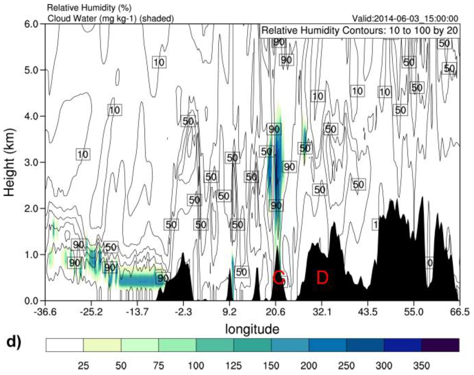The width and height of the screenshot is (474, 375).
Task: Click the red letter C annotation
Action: tap(279, 278)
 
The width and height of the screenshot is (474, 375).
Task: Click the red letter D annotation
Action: tap(322, 278)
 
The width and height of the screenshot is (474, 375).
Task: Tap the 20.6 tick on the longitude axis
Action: tap(276, 312)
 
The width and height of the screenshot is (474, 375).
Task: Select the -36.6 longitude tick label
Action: tap(45, 312)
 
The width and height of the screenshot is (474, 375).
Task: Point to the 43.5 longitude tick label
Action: tap(368, 312)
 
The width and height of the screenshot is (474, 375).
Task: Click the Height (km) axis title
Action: tap(10, 162)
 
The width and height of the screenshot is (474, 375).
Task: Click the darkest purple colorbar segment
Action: tap(440, 345)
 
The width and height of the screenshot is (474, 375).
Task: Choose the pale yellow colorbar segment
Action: tap(102, 345)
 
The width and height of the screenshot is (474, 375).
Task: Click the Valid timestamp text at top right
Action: tap(405, 18)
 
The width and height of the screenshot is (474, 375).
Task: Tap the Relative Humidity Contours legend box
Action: tap(360, 31)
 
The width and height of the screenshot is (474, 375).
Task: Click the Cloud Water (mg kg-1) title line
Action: tap(110, 18)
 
